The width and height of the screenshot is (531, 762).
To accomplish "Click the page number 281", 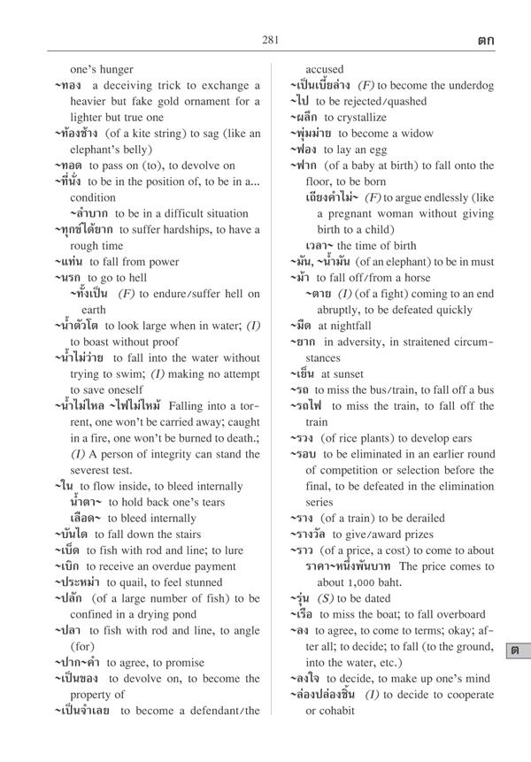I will click(x=271, y=38).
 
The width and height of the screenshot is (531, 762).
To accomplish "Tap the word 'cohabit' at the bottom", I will click(x=335, y=710).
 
